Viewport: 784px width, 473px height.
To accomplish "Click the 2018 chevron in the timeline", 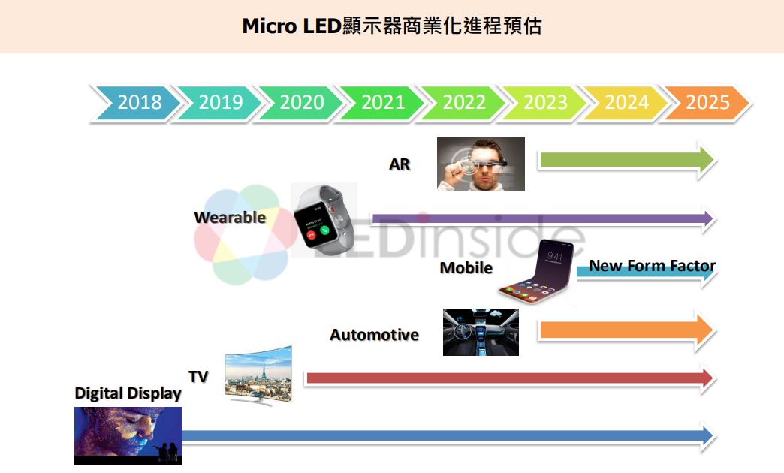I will (139, 102).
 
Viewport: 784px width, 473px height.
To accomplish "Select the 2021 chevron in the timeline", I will (382, 102).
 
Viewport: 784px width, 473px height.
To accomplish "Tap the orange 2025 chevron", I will (707, 102).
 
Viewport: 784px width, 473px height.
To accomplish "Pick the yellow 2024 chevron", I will (626, 102).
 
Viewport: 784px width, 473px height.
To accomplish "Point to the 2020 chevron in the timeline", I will (301, 102).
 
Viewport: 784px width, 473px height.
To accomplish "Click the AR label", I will (400, 164).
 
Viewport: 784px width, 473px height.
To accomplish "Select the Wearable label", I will (230, 218).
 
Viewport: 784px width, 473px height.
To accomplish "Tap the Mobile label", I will (466, 268).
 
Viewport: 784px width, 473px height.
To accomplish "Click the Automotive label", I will (374, 335).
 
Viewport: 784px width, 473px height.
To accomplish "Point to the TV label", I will (198, 377).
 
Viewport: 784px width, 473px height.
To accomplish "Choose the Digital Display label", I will (128, 393).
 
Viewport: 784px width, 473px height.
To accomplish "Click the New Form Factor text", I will (652, 266).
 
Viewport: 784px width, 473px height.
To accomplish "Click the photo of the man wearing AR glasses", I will (481, 164).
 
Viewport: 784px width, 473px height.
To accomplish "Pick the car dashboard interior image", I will (481, 332).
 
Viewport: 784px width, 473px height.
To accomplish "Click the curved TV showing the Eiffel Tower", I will (258, 376).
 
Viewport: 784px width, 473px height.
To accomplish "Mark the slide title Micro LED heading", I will (391, 26).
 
